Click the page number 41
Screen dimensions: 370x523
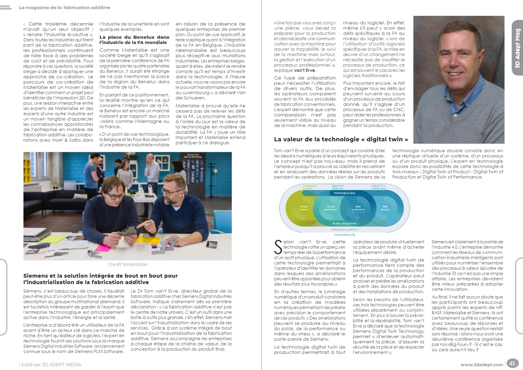tap(512, 364)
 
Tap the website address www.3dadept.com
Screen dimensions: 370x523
tap(481, 365)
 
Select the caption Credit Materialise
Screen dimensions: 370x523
tap(127, 264)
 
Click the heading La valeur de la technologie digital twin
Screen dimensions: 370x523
tap(341, 139)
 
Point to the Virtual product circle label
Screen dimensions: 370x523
tap(304, 208)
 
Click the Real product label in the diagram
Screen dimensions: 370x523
tap(385, 208)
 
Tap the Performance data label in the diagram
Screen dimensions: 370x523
tap(345, 193)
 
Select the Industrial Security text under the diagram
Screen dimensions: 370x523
tap(345, 235)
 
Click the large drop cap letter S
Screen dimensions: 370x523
tap(278, 247)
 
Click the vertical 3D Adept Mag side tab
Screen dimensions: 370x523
tap(517, 48)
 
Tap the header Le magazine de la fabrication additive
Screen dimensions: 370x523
tap(64, 8)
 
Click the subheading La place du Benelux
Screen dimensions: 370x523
tap(134, 40)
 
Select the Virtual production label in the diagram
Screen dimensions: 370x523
tap(331, 208)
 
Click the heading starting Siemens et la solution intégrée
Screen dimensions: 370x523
tap(100, 279)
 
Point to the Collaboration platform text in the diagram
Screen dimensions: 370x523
tap(345, 229)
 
